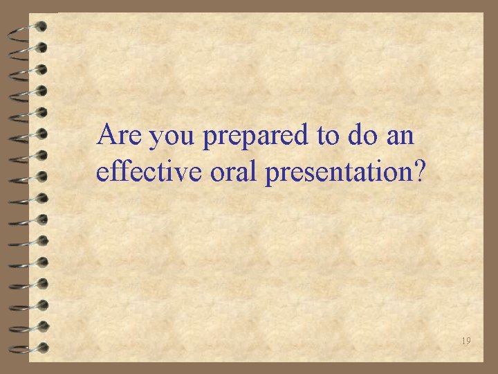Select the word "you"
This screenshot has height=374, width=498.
point(174,137)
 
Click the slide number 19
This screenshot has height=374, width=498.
point(466,341)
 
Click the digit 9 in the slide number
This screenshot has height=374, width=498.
point(469,341)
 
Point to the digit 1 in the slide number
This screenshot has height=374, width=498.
point(463,341)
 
